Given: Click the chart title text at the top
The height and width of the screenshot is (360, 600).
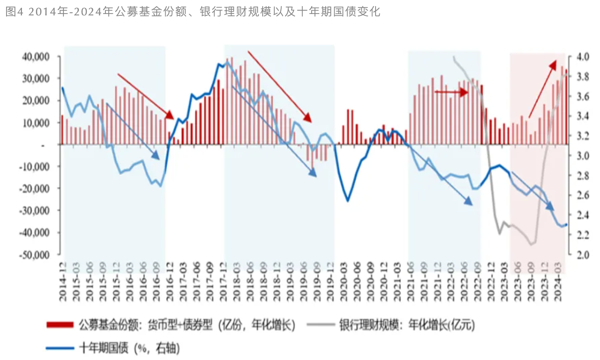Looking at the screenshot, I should coord(193,12).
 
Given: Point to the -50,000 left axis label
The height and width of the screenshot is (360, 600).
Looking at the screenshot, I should coord(40,255).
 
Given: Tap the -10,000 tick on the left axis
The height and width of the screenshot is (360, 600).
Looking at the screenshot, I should coord(40,167).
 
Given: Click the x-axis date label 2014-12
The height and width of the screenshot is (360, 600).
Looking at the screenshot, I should coord(62,278).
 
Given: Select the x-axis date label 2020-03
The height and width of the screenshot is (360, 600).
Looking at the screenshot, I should coord(342,278).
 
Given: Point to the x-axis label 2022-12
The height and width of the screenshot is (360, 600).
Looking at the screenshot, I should coord(489,278).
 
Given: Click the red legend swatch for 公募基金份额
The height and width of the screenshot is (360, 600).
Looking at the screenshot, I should coord(60,325).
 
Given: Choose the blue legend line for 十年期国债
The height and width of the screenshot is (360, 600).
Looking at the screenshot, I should coord(60,347).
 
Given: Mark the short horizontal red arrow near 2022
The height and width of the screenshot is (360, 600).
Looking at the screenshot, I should coord(451,92).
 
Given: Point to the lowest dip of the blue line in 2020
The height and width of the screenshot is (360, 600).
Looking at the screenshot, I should coord(348,201).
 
